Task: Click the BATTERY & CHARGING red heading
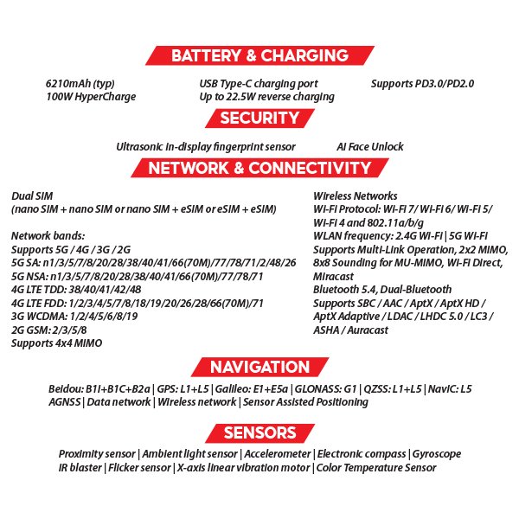259,56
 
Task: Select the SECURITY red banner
259,119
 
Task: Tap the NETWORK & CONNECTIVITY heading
259,168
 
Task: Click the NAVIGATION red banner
259,367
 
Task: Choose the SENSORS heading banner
259,432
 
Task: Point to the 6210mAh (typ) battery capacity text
80,84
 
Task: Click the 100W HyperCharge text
91,97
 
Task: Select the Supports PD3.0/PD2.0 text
422,84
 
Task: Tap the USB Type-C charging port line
259,84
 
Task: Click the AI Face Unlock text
369,147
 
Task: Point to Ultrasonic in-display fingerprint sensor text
206,147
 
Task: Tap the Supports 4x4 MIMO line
56,343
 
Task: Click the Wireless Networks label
355,196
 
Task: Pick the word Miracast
335,276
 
